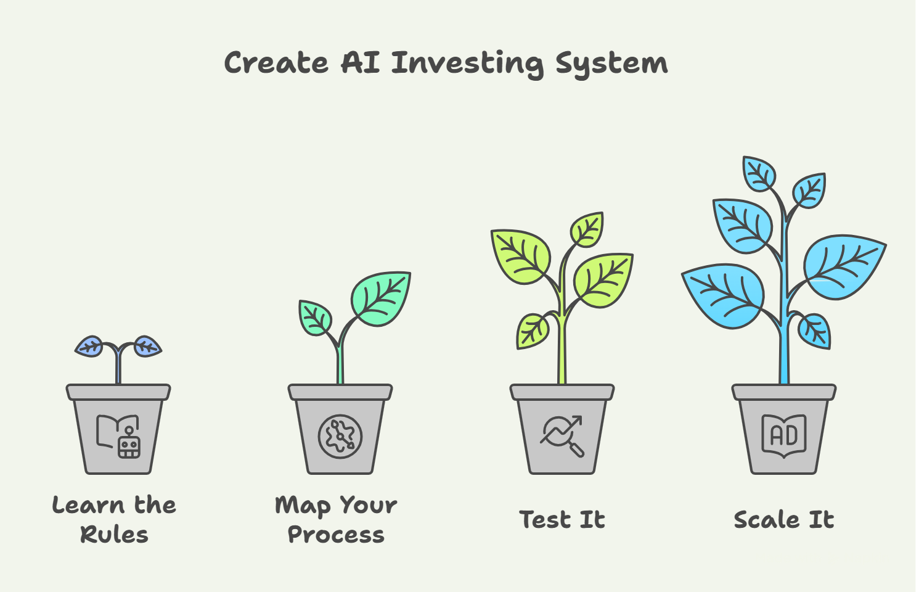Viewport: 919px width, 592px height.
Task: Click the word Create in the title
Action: point(276,63)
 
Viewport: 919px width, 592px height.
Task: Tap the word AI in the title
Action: point(361,63)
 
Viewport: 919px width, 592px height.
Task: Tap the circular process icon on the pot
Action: point(340,436)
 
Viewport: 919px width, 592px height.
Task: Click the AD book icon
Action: point(783,435)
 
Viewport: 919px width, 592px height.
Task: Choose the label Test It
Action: point(562,520)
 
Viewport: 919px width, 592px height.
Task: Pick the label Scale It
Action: point(783,520)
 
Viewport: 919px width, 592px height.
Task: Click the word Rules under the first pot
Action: point(115,535)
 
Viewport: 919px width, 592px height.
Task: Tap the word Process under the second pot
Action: point(336,535)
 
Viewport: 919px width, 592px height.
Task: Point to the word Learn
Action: point(88,506)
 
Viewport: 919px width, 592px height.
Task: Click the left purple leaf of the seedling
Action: point(90,347)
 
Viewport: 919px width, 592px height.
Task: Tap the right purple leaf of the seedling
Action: point(147,347)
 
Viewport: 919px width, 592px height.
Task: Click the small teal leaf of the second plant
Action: point(315,318)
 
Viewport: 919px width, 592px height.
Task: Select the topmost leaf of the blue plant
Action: point(759,173)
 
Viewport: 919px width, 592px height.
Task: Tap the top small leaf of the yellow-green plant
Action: point(587,229)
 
